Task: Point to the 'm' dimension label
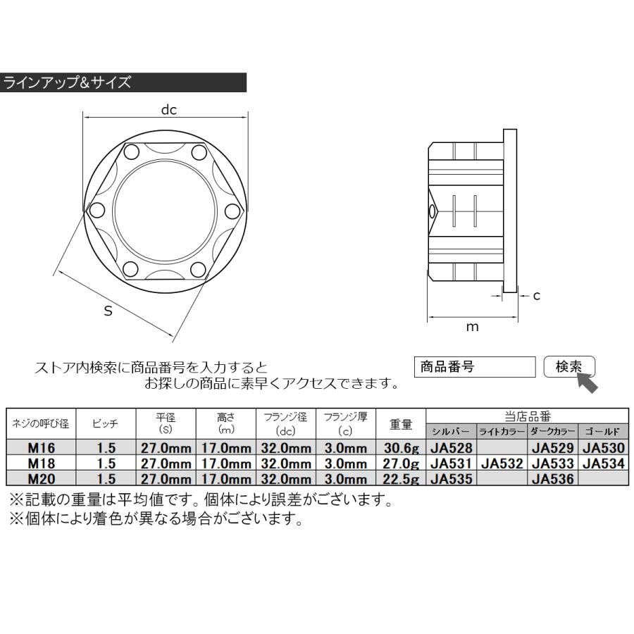[x=473, y=326]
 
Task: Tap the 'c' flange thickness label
[x=536, y=296]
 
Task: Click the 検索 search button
[x=569, y=367]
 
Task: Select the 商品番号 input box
[x=475, y=367]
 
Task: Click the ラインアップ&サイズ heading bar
[x=123, y=82]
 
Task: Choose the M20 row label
[x=40, y=479]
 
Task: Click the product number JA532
[x=502, y=464]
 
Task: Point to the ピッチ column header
[x=104, y=423]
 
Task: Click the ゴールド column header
[x=602, y=431]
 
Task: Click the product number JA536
[x=552, y=479]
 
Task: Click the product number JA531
[x=452, y=464]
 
